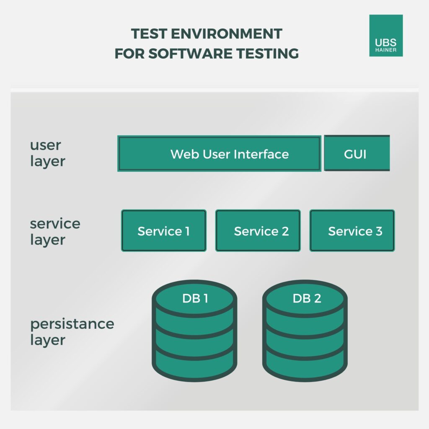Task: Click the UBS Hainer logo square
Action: pyautogui.click(x=386, y=36)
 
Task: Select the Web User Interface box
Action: pyautogui.click(x=219, y=153)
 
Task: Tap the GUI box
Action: pyautogui.click(x=357, y=153)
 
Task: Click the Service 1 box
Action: pyautogui.click(x=164, y=230)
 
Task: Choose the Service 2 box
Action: pyautogui.click(x=258, y=230)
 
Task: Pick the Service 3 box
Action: pyautogui.click(x=352, y=230)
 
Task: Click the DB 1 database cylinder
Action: pyautogui.click(x=194, y=331)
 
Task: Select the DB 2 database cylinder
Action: pyautogui.click(x=305, y=331)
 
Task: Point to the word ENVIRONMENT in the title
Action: pyautogui.click(x=227, y=34)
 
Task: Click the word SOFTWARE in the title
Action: pyautogui.click(x=190, y=53)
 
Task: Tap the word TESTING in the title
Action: pyautogui.click(x=267, y=53)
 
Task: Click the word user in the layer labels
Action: pyautogui.click(x=45, y=145)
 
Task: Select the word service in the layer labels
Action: pyautogui.click(x=55, y=224)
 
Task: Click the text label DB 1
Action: pyautogui.click(x=195, y=298)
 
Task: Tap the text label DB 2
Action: pyautogui.click(x=307, y=298)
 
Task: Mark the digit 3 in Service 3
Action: pyautogui.click(x=379, y=231)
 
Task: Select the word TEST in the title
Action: pyautogui.click(x=149, y=34)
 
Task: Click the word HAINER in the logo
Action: pyautogui.click(x=386, y=50)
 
